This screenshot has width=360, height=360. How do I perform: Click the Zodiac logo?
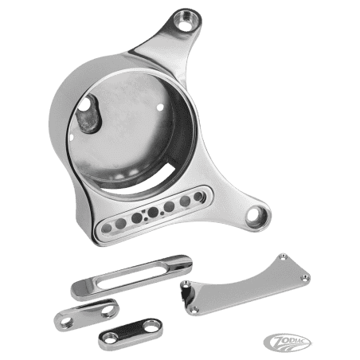288,342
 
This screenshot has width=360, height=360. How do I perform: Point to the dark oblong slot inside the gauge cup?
88,113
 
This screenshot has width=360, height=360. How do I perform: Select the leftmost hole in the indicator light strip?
107,229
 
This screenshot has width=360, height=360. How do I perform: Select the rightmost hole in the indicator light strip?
198,197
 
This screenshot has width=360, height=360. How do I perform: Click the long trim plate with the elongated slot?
131,277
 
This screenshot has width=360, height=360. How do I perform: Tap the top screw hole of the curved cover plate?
284,256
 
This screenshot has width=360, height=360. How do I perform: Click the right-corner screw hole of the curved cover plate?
305,278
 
